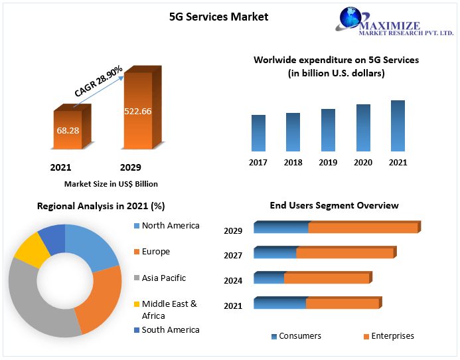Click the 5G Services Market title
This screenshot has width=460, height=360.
[x=219, y=17]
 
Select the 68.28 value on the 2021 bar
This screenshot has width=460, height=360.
[x=68, y=130]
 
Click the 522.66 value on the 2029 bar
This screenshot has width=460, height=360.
[x=137, y=111]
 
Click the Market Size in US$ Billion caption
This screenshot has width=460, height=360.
[x=111, y=184]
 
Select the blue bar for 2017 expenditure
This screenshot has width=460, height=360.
[x=258, y=133]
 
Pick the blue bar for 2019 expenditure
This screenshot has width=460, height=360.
[x=328, y=130]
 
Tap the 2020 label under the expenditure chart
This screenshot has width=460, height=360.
[x=363, y=163]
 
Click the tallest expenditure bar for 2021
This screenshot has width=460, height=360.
[x=398, y=126]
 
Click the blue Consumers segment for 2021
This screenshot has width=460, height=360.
[x=279, y=304]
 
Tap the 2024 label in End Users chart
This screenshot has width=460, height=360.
[x=233, y=281]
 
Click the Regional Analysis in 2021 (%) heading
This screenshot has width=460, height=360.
[x=101, y=207]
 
